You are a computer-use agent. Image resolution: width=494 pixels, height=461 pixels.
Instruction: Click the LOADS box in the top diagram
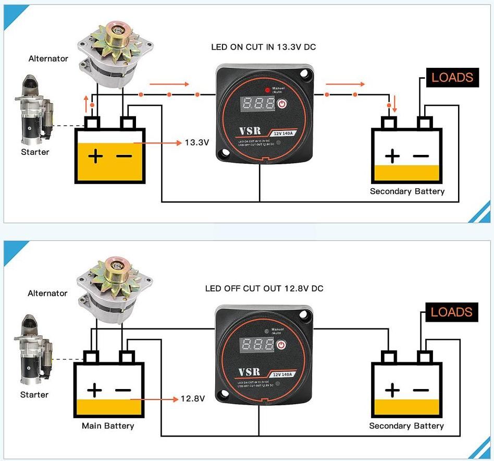pyautogui.click(x=452, y=78)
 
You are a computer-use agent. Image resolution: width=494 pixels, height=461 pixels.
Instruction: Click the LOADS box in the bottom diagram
pyautogui.click(x=451, y=312)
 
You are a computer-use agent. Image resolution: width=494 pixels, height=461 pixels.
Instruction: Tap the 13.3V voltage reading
pyautogui.click(x=197, y=142)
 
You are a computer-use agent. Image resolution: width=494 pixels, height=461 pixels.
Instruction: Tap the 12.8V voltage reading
pyautogui.click(x=193, y=399)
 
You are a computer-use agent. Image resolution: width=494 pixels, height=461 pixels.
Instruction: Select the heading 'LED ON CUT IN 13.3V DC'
pyautogui.click(x=263, y=47)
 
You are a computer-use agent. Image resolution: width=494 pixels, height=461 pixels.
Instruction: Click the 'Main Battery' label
pyautogui.click(x=108, y=426)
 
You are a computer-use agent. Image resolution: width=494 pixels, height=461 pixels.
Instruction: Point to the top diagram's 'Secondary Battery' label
pyautogui.click(x=407, y=191)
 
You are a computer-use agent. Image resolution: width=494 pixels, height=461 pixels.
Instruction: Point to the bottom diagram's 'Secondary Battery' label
pyautogui.click(x=406, y=426)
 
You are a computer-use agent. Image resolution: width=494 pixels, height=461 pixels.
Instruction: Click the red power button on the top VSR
pyautogui.click(x=282, y=103)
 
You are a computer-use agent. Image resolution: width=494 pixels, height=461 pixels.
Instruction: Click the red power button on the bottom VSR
pyautogui.click(x=282, y=345)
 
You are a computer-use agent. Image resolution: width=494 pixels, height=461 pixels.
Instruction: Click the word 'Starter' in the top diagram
pyautogui.click(x=35, y=152)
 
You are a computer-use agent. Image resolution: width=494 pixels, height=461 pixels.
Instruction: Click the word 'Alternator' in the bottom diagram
pyautogui.click(x=47, y=294)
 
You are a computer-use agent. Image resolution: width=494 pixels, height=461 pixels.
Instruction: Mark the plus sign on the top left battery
pyautogui.click(x=95, y=156)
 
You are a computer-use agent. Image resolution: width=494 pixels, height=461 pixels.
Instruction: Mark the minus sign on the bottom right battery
pyautogui.click(x=421, y=390)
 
